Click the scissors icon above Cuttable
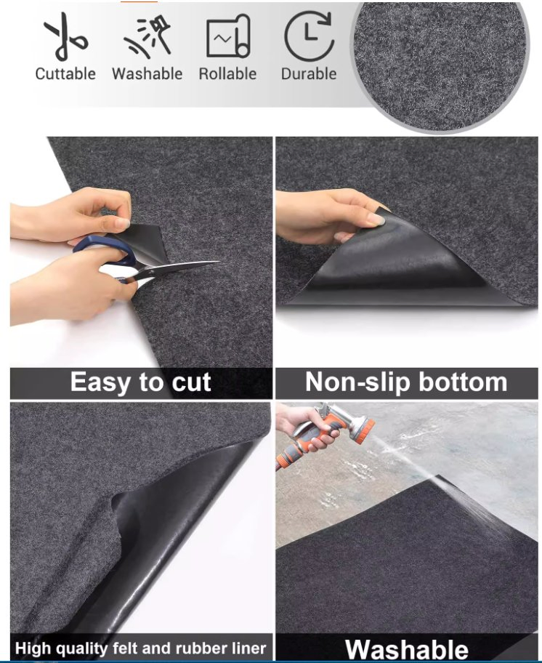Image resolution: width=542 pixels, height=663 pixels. tap(64, 37)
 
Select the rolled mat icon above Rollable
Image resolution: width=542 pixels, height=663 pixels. tap(228, 37)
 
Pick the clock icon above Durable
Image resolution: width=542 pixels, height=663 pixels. tap(309, 36)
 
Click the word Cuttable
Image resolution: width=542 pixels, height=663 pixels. tap(65, 73)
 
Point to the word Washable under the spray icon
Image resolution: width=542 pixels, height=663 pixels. tap(147, 73)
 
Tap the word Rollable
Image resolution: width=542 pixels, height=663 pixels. tap(228, 73)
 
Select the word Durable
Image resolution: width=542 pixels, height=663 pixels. tap(309, 73)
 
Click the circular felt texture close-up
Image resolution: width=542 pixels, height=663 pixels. tap(440, 65)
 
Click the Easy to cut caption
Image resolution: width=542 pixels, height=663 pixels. tap(141, 382)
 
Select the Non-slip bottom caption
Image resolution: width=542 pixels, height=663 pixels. tap(406, 382)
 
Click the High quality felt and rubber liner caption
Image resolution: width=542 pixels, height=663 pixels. tap(141, 648)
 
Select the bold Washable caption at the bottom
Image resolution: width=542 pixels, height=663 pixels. tap(406, 649)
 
